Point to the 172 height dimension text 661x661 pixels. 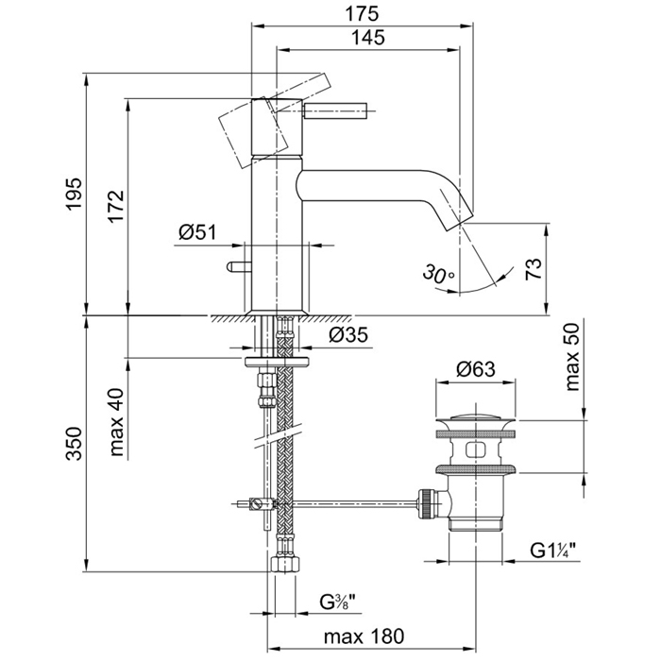pos(116,206)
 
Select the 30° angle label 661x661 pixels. pos(439,275)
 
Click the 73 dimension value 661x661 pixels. pos(534,270)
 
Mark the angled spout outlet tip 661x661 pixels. pos(455,218)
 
